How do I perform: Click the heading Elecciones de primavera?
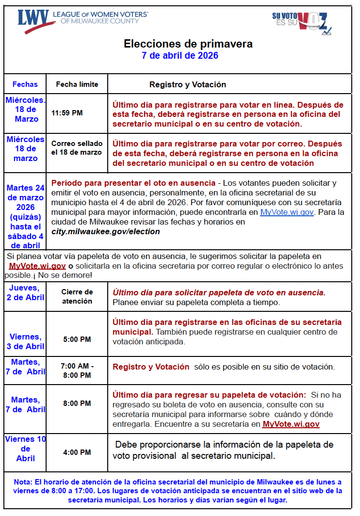click(x=188, y=44)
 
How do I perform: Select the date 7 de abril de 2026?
click(x=180, y=56)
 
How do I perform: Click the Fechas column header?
click(x=25, y=84)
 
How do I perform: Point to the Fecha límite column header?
click(x=77, y=84)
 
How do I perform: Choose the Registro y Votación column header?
click(x=188, y=84)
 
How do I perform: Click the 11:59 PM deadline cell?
click(x=67, y=113)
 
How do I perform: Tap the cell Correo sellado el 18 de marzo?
click(x=77, y=148)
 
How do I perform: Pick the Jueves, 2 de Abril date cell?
click(x=25, y=292)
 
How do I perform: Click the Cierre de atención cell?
click(x=77, y=296)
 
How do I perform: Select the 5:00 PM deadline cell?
click(x=77, y=339)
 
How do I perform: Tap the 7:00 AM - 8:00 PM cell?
click(x=77, y=371)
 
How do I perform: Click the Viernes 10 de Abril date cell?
click(x=25, y=449)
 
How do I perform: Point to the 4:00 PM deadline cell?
click(x=77, y=452)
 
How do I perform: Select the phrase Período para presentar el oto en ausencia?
click(x=133, y=183)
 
